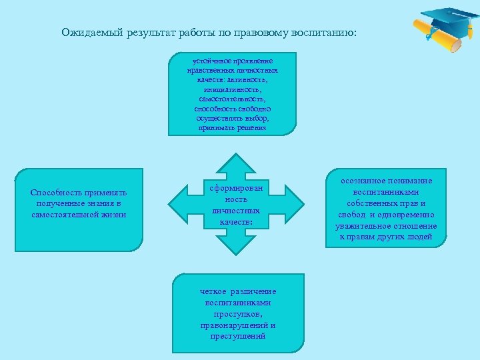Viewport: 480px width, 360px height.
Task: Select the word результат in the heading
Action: tap(145, 32)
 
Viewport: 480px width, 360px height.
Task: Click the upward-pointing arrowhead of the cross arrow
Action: tap(233, 164)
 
